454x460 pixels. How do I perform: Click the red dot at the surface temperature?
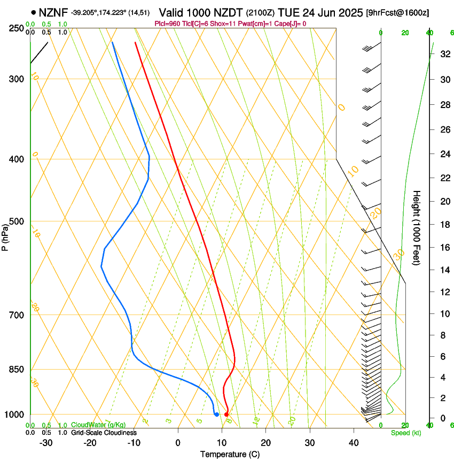click(226, 415)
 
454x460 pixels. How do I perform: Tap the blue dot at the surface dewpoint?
click(216, 415)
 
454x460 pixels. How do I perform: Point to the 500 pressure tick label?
click(17, 221)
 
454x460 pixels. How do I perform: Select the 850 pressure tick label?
click(17, 370)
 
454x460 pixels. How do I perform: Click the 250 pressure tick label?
click(17, 28)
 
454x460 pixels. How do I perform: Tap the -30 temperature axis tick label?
click(46, 442)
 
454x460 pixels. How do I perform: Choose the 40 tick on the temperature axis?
click(353, 442)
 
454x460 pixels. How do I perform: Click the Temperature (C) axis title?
click(230, 454)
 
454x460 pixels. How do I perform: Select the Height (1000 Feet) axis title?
click(417, 227)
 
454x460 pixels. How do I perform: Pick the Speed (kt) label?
click(405, 433)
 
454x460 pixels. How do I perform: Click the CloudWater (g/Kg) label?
click(98, 425)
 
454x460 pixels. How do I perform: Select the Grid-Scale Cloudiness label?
click(104, 433)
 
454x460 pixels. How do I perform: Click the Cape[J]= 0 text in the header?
click(289, 24)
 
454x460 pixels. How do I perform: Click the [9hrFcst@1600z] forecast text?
click(398, 12)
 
